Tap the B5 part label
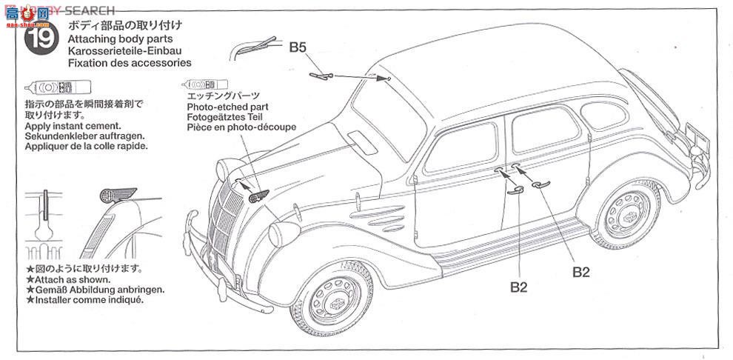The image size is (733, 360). [298, 47]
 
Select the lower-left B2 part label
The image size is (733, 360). [518, 286]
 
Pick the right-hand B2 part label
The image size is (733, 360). [580, 271]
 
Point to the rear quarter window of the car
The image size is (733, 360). [603, 114]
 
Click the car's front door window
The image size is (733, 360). [461, 146]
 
